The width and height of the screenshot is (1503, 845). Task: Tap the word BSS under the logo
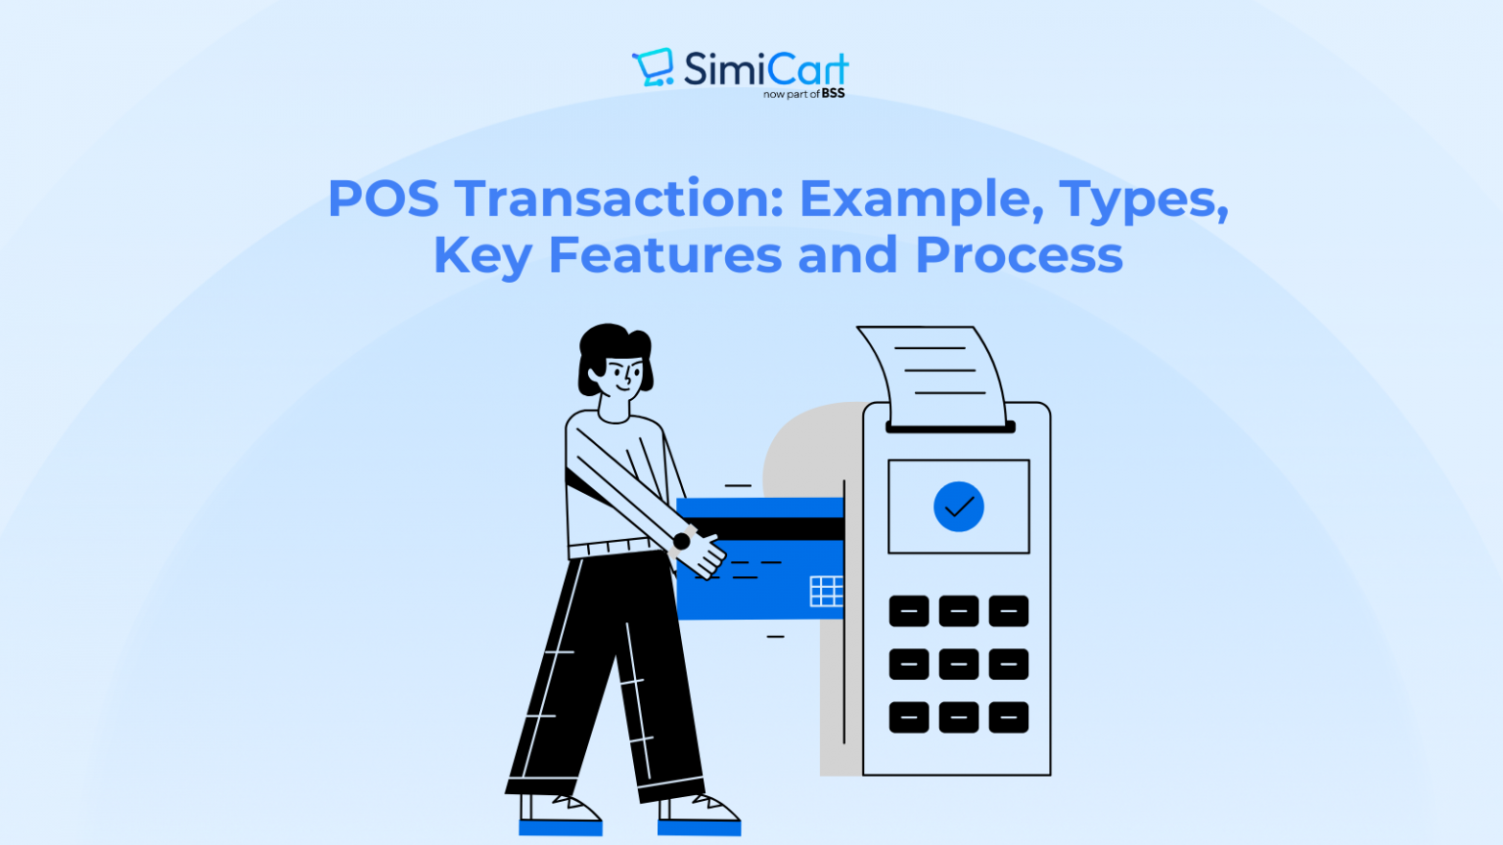833,94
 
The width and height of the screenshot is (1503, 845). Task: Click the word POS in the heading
383,199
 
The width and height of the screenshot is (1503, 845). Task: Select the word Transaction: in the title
619,199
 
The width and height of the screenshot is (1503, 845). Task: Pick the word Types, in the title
1144,200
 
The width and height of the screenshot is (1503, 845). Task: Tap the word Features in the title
664,255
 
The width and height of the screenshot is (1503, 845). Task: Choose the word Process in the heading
1019,255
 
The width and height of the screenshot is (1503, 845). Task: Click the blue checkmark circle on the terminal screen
958,507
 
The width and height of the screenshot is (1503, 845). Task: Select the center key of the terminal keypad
958,664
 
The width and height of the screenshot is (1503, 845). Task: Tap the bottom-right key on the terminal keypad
1008,717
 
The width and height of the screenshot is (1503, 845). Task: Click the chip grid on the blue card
826,591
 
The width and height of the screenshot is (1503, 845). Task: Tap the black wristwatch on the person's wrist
682,541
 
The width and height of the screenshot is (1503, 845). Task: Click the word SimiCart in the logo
765,68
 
